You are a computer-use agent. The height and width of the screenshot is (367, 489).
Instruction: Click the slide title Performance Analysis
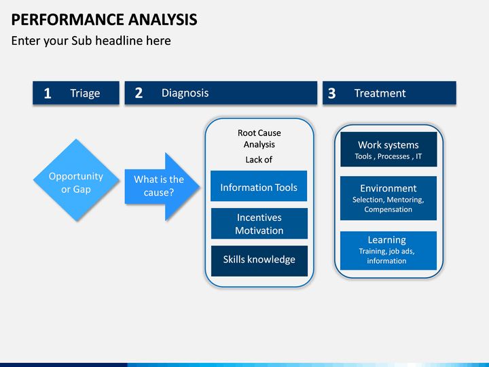[x=104, y=20]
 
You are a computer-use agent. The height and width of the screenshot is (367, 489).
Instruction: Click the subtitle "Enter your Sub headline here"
[x=91, y=41]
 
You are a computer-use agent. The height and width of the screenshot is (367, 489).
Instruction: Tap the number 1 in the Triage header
[x=48, y=93]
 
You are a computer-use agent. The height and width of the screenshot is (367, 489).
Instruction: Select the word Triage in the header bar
[x=85, y=93]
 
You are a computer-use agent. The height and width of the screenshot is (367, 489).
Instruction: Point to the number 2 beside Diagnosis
[x=139, y=93]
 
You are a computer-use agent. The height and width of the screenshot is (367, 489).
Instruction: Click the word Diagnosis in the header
[x=185, y=93]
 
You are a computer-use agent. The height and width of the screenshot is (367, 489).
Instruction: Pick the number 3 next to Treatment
[x=332, y=93]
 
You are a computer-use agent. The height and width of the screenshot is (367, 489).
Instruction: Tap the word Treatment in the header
[x=380, y=93]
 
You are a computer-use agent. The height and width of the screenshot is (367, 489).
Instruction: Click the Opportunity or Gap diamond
[x=76, y=180]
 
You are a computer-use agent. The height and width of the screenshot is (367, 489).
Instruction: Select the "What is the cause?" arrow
[x=162, y=186]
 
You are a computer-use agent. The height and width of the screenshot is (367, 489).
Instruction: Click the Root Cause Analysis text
[x=259, y=139]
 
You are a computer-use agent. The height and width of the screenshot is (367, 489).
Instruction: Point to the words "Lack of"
[x=259, y=160]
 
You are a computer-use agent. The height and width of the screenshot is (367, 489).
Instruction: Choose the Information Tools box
[x=259, y=186]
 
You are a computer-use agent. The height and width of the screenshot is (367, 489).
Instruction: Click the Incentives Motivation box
[x=259, y=224]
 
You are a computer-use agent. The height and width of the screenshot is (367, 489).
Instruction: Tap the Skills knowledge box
[x=259, y=261]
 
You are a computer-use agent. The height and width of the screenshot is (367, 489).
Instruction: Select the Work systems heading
[x=388, y=145]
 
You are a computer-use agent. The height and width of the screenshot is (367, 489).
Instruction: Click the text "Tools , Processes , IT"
[x=388, y=156]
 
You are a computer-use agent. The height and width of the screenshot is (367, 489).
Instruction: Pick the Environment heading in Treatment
[x=388, y=188]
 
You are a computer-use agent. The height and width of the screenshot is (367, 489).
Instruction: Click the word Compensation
[x=388, y=209]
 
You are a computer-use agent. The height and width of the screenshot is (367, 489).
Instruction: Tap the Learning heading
[x=386, y=240]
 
